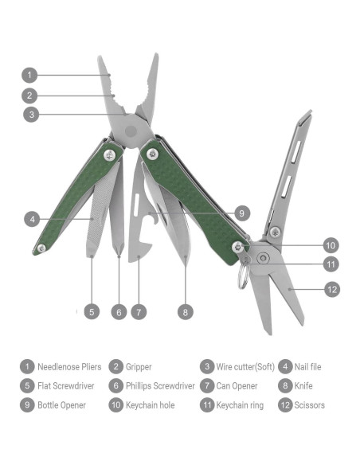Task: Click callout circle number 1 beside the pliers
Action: pos(29,76)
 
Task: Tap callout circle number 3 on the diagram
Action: pos(29,114)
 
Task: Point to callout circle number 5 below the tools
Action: pos(92,312)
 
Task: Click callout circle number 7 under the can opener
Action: pos(139,312)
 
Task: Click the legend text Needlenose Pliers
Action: pos(69,367)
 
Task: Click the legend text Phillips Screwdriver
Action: pos(159,386)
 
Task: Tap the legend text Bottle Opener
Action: pos(64,405)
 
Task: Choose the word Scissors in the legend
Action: pos(310,405)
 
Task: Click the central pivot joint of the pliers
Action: pos(131,127)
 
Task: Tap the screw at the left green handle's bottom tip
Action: pos(41,249)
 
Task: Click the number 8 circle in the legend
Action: pos(285,386)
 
